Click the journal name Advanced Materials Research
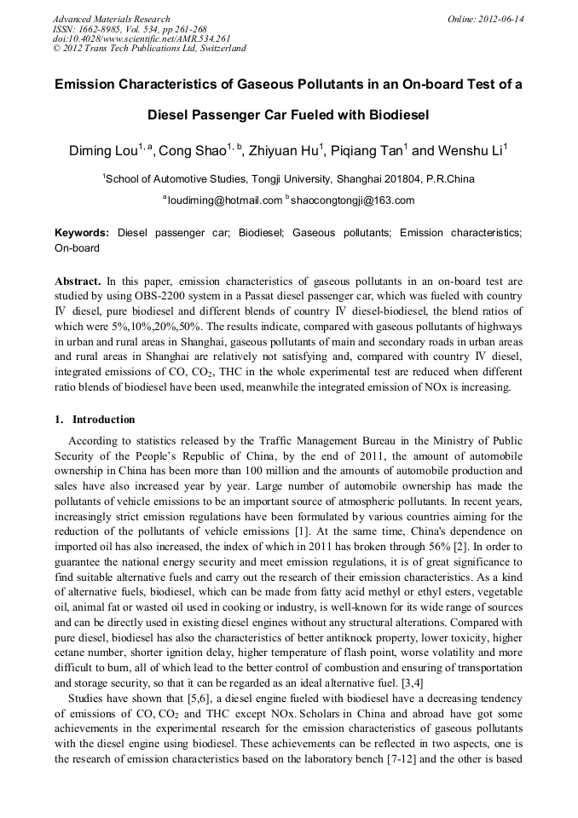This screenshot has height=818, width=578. tap(112, 19)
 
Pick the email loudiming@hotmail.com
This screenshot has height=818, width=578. tap(224, 201)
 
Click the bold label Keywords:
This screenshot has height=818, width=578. tap(82, 233)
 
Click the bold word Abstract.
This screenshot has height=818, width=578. tap(78, 281)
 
